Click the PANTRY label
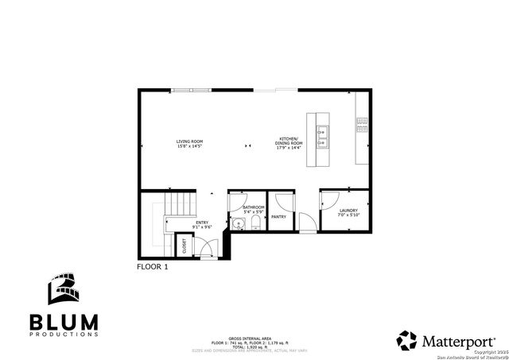[x=278, y=216]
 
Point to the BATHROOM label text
[x=254, y=207]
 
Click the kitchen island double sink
[x=323, y=137]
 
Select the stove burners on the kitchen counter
[x=362, y=123]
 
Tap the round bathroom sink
[x=238, y=224]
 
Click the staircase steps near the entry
[x=181, y=204]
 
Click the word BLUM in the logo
[x=64, y=321]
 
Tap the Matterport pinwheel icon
[x=407, y=340]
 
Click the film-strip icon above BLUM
[x=64, y=290]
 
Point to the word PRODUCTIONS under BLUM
[x=64, y=335]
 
